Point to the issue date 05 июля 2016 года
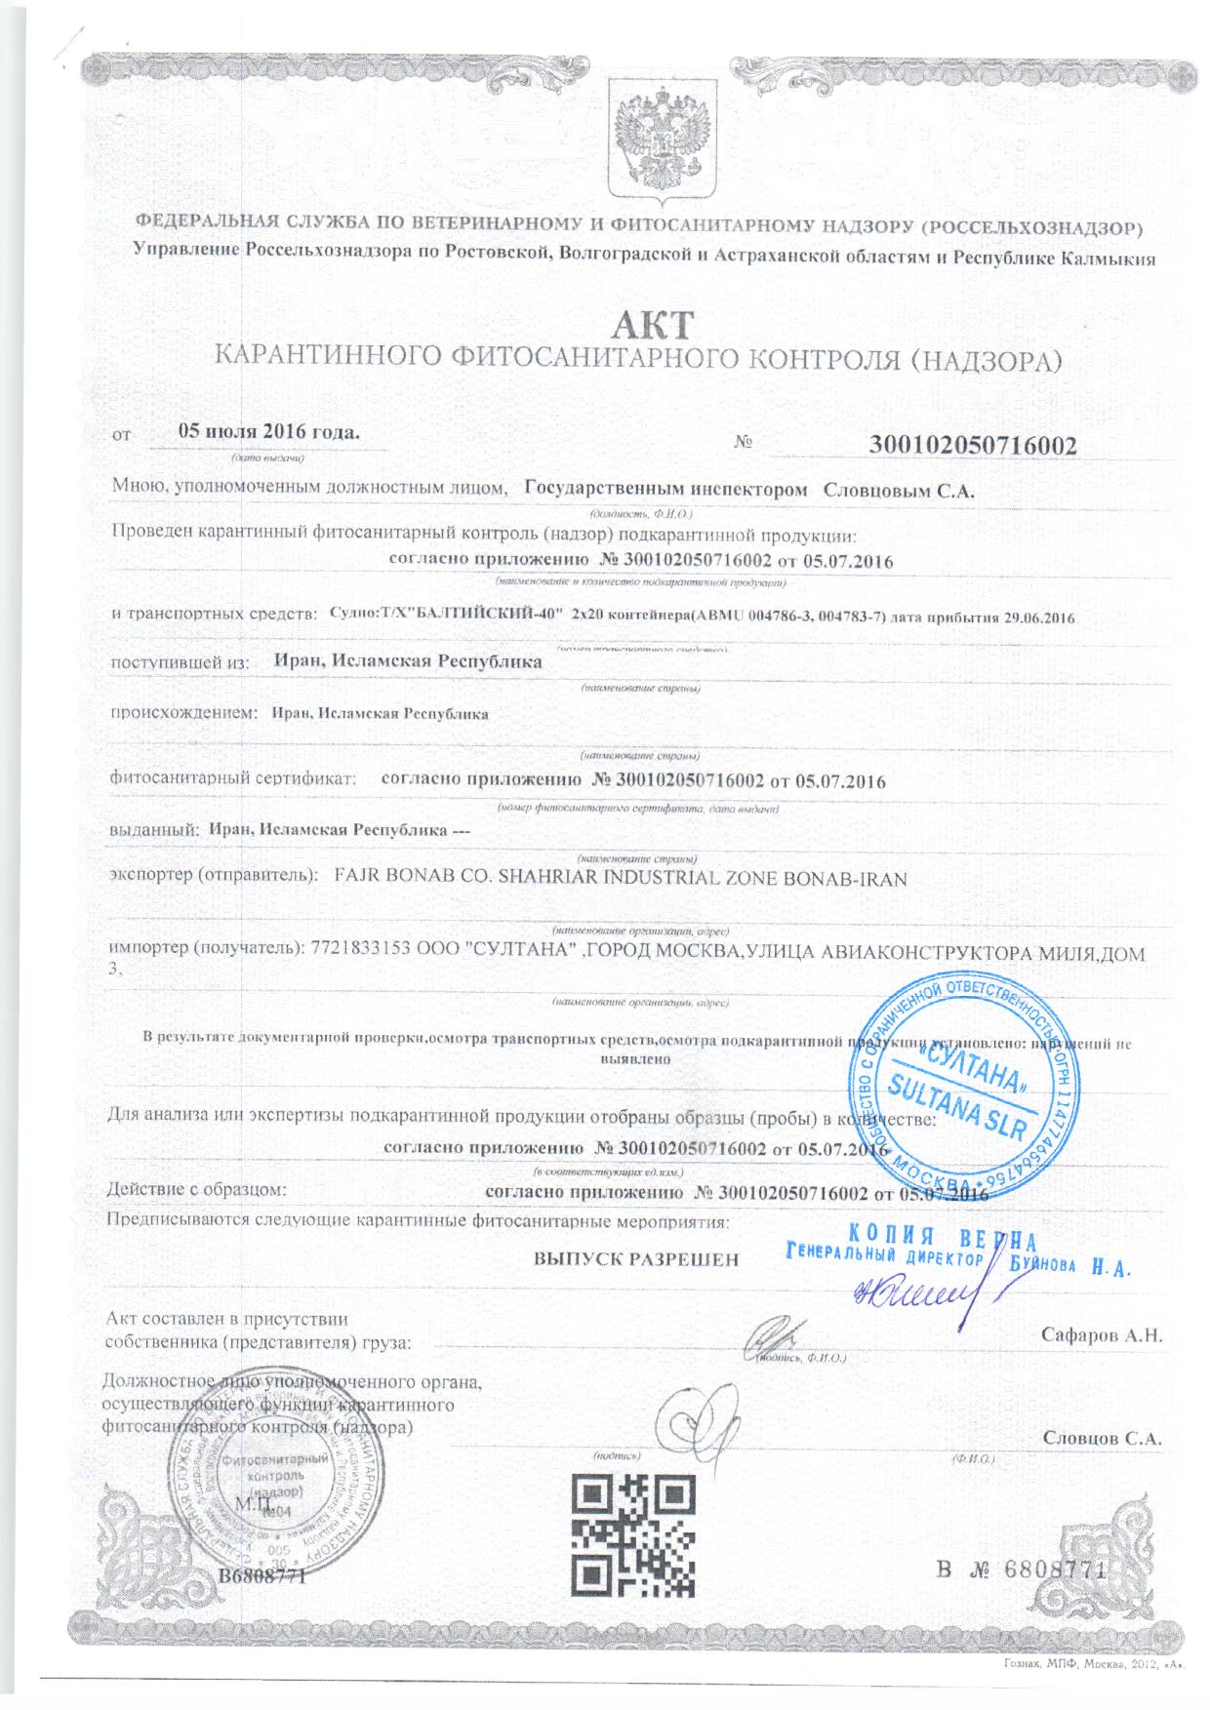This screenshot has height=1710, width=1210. point(269,431)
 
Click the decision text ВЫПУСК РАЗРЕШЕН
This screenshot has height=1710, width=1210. point(635,1258)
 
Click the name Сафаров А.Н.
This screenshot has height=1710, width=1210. point(1102,1333)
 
